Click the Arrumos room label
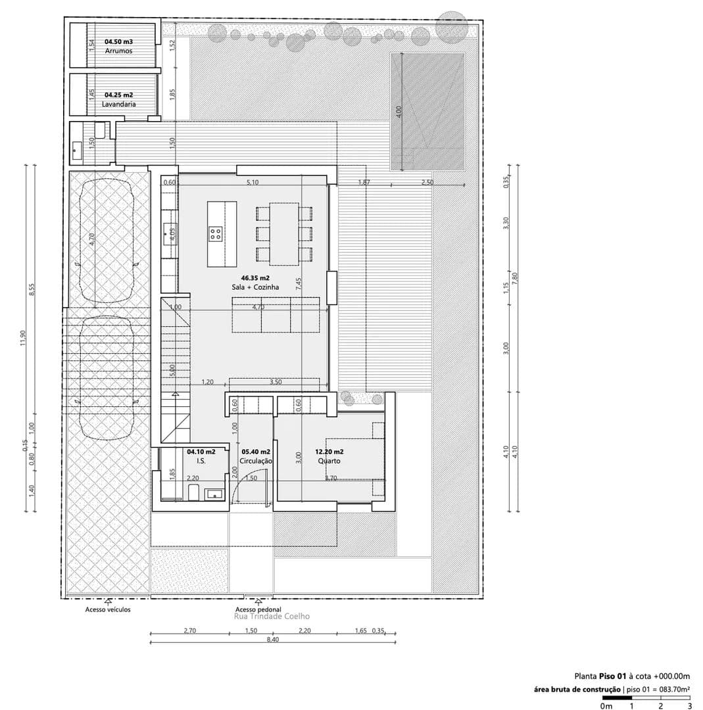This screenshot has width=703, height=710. click(x=118, y=51)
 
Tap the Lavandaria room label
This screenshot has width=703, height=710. click(x=118, y=104)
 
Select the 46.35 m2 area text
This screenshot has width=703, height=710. click(x=255, y=278)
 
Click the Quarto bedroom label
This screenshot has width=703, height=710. click(x=329, y=461)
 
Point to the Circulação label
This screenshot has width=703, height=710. click(x=256, y=461)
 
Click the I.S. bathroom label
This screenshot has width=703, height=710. click(x=201, y=461)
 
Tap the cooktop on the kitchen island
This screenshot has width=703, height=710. click(x=216, y=233)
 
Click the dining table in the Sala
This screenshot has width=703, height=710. click(x=284, y=234)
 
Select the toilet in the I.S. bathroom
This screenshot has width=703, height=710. click(x=193, y=492)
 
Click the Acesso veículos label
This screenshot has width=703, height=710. click(x=108, y=609)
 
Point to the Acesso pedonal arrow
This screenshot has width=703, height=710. click(x=258, y=602)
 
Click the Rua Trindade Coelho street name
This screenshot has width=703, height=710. click(x=272, y=616)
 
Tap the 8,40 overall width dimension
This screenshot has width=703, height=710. click(x=273, y=640)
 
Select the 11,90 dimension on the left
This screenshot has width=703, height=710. click(x=23, y=337)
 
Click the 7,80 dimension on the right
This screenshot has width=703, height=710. click(x=514, y=279)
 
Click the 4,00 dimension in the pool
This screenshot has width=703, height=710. click(x=399, y=112)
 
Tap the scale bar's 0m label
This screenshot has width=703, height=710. click(x=606, y=706)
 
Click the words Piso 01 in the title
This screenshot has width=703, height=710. click(x=612, y=676)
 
